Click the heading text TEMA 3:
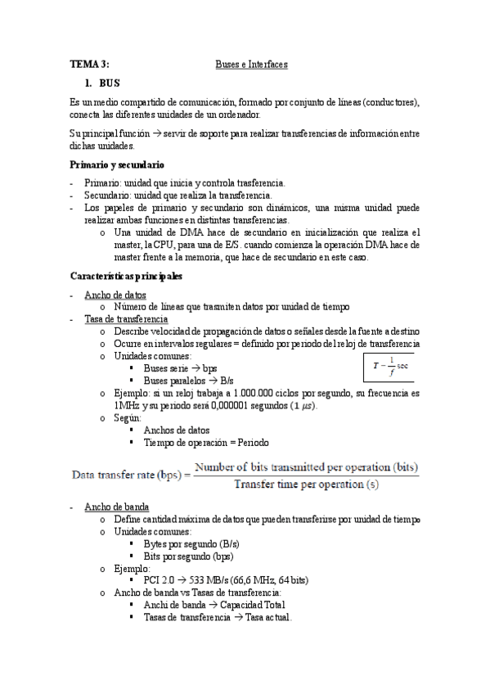pyautogui.click(x=89, y=64)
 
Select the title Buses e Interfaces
pyautogui.click(x=251, y=64)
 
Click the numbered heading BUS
pyautogui.click(x=110, y=83)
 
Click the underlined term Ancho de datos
pyautogui.click(x=115, y=295)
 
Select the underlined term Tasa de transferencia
pyautogui.click(x=126, y=319)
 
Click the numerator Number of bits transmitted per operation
pyautogui.click(x=307, y=467)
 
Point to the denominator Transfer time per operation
pyautogui.click(x=307, y=484)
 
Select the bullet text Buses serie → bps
pyautogui.click(x=180, y=368)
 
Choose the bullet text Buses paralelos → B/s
pyautogui.click(x=188, y=381)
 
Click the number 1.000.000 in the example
pyautogui.click(x=245, y=393)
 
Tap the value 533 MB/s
pyautogui.click(x=209, y=580)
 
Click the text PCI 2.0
pyautogui.click(x=158, y=580)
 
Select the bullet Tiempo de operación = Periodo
pyautogui.click(x=205, y=442)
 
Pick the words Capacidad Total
pyautogui.click(x=252, y=605)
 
